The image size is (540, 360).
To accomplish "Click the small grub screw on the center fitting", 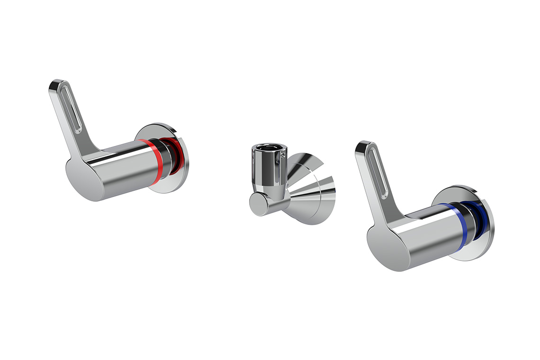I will click(x=283, y=153).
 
